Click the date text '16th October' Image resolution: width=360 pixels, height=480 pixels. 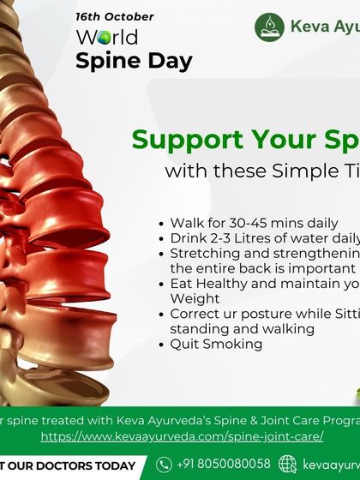point(114,16)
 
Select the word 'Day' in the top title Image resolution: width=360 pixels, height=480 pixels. point(167,61)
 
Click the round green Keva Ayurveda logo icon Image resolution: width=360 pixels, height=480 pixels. point(269,26)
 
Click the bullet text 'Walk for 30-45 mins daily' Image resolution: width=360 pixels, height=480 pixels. point(253,223)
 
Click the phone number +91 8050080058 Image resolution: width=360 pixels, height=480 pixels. point(224,465)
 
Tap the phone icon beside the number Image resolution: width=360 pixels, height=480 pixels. point(163,465)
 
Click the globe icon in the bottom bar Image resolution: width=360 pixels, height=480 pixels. point(287,465)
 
